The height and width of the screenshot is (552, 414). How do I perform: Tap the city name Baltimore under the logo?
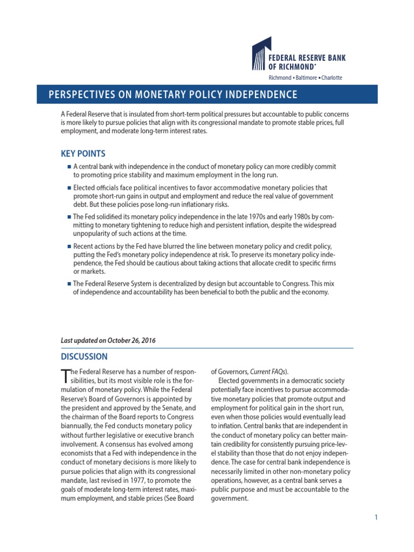pyautogui.click(x=306, y=78)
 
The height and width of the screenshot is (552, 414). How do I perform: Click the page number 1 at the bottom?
pyautogui.click(x=376, y=517)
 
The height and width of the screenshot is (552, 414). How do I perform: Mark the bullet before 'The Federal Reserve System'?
pyautogui.click(x=69, y=284)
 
